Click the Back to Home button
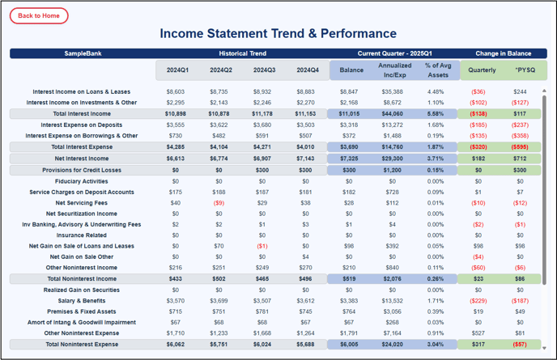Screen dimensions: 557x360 pyautogui.click(x=39, y=15)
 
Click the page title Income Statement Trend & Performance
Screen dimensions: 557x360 pyautogui.click(x=278, y=33)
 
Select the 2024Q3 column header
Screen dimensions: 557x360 pyautogui.click(x=264, y=70)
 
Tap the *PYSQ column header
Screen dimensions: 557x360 pyautogui.click(x=525, y=70)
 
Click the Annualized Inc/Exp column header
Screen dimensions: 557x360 pyautogui.click(x=394, y=70)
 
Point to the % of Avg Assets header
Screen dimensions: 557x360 pyautogui.click(x=438, y=70)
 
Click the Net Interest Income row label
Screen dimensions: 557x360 pyautogui.click(x=82, y=159)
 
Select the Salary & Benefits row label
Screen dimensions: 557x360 pyautogui.click(x=82, y=301)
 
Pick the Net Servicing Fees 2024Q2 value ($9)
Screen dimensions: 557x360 pyautogui.click(x=219, y=203)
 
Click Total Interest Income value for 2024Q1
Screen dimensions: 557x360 pyautogui.click(x=176, y=113)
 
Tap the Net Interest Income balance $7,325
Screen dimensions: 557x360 pyautogui.click(x=349, y=159)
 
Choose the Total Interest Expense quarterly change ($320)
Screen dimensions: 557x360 pyautogui.click(x=478, y=146)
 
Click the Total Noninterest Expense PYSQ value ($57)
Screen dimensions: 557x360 pyautogui.click(x=520, y=344)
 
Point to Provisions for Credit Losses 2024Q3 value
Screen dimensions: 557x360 pyautogui.click(x=262, y=170)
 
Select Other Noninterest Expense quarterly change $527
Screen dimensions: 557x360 pyautogui.click(x=478, y=333)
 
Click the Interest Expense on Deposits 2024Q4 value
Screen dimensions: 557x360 pyautogui.click(x=305, y=125)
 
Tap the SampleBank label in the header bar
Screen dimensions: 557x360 pyautogui.click(x=83, y=53)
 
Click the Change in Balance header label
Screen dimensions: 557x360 pyautogui.click(x=504, y=53)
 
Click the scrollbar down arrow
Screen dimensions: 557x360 pyautogui.click(x=544, y=349)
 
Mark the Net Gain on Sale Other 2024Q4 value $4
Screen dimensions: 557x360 pyautogui.click(x=305, y=256)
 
